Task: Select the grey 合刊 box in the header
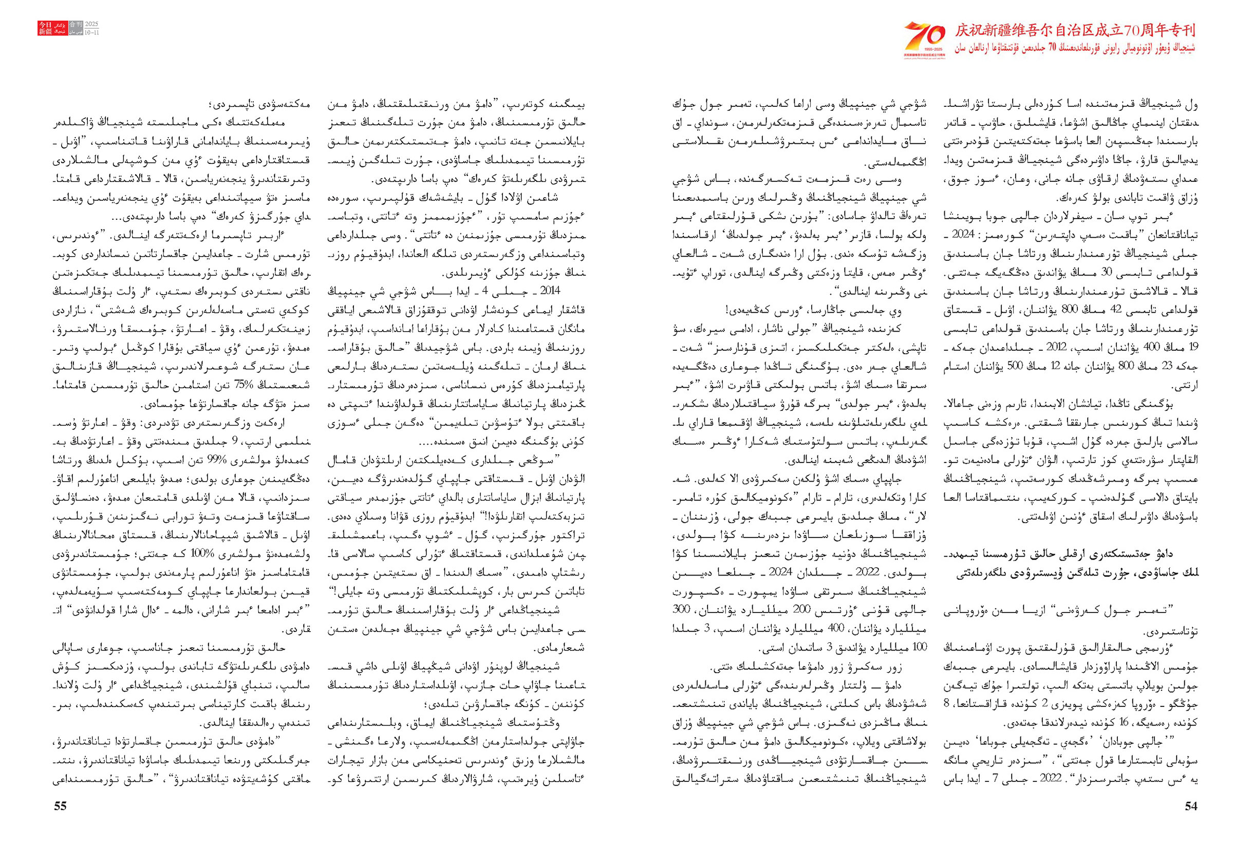pos(76,29)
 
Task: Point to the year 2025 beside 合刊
pos(91,25)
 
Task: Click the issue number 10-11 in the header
pos(91,32)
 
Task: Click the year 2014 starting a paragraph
pos(550,291)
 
